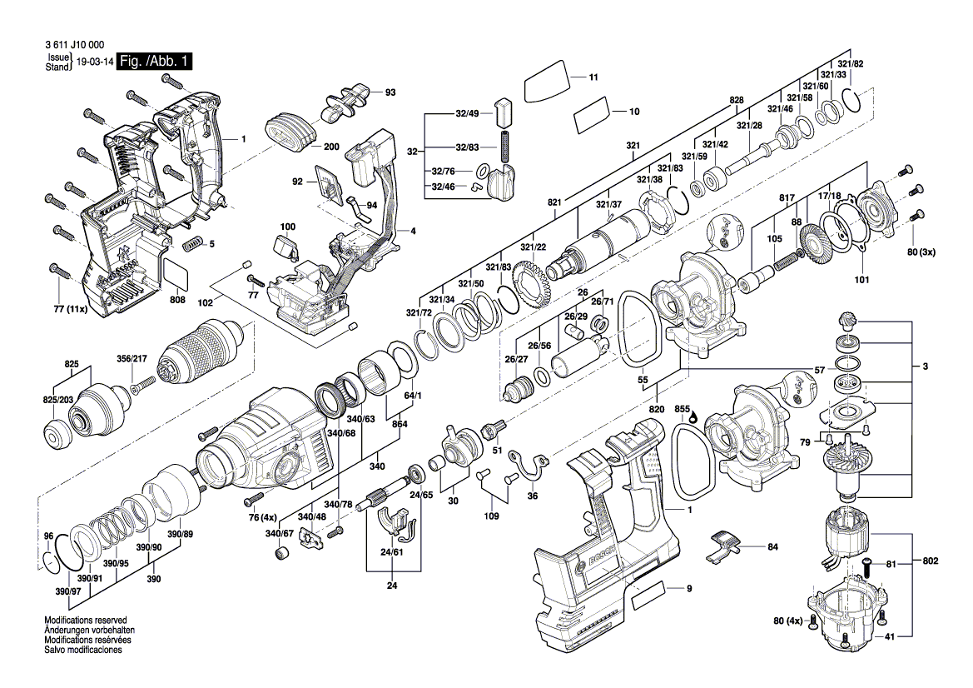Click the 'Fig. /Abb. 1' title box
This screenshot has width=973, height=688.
(x=155, y=62)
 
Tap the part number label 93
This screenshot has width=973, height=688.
(x=390, y=92)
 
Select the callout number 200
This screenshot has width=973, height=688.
(x=332, y=147)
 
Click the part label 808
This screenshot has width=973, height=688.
(x=177, y=300)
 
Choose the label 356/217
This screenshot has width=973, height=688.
(x=132, y=358)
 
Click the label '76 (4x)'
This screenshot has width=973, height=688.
(x=262, y=517)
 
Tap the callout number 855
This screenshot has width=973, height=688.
(x=683, y=409)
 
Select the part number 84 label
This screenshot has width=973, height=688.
(x=772, y=547)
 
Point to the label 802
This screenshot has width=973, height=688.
(x=931, y=561)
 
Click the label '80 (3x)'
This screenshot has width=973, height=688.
(x=921, y=252)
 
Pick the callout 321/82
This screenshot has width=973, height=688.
(x=851, y=63)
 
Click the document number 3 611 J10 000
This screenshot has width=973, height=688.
(x=74, y=45)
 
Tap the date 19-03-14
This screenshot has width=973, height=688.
(x=95, y=62)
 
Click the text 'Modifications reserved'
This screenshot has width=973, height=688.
(x=86, y=621)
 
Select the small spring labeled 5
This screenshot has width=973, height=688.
(x=193, y=244)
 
